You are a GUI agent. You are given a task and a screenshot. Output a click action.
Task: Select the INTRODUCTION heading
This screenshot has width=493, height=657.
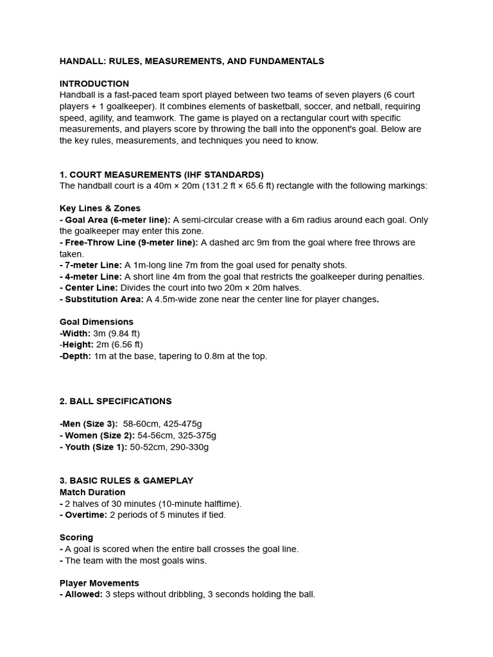tap(94, 83)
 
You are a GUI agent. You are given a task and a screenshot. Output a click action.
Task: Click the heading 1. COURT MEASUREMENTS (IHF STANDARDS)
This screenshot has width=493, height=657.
tap(162, 175)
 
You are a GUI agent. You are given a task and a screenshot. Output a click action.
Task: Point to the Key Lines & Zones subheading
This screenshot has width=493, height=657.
tap(100, 209)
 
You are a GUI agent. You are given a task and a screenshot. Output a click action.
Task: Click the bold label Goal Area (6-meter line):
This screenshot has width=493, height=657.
tap(117, 220)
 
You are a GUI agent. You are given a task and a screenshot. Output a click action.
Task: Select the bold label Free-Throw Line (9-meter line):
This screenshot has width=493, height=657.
tap(132, 243)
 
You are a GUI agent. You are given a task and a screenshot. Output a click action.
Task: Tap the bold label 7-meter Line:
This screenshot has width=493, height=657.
tap(93, 265)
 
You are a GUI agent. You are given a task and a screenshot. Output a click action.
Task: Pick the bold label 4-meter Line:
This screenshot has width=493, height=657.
tap(93, 277)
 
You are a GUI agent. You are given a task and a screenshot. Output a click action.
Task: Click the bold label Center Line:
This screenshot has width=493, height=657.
tap(91, 288)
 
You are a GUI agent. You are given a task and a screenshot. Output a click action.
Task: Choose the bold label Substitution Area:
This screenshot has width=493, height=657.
tap(105, 300)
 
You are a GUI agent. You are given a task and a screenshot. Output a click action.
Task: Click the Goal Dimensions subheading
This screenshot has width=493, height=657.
tap(96, 322)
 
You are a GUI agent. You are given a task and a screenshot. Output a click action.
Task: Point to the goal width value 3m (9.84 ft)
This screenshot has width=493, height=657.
tap(116, 334)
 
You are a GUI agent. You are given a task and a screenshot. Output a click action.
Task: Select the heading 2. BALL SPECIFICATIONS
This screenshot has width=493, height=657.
tap(116, 401)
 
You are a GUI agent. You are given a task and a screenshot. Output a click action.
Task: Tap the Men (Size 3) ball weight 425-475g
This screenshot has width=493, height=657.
tap(195, 424)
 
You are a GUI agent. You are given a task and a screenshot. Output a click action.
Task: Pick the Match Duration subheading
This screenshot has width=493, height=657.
tap(92, 492)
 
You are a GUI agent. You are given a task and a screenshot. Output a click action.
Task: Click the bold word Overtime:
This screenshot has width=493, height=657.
tap(86, 515)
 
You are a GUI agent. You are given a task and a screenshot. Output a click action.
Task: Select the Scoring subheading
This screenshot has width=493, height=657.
tap(76, 538)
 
